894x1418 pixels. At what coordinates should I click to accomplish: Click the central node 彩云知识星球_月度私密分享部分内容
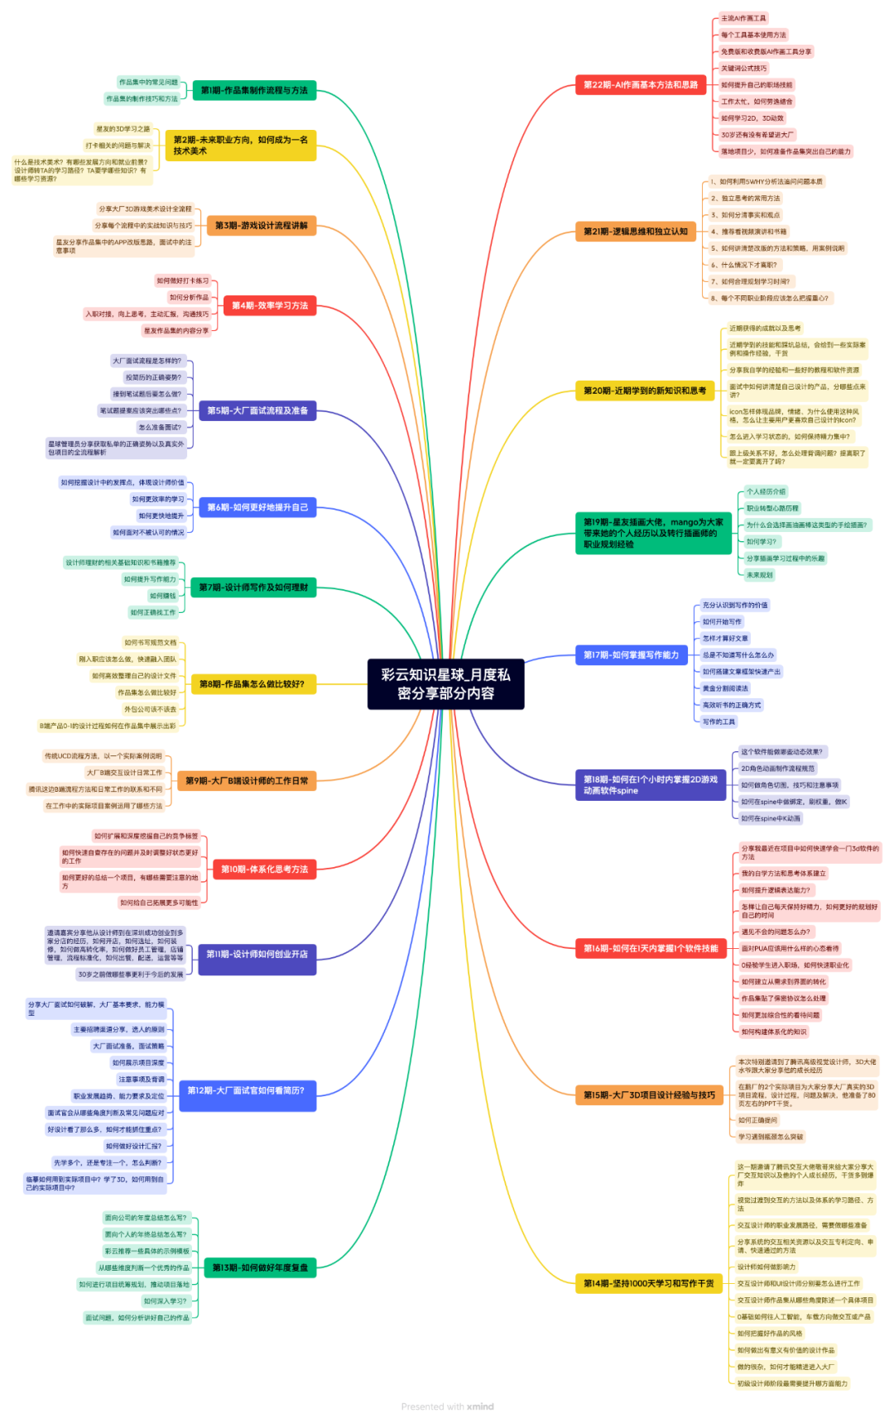pyautogui.click(x=445, y=684)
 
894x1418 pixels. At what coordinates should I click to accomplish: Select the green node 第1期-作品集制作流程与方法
pyautogui.click(x=253, y=90)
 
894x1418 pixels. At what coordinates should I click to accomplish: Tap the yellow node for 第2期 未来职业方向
pyautogui.click(x=240, y=146)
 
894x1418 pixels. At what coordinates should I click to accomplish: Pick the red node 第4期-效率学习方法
pyautogui.click(x=269, y=305)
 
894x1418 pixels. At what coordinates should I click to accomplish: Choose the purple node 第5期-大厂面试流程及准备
pyautogui.click(x=257, y=410)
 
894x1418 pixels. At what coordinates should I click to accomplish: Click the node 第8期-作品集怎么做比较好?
pyautogui.click(x=252, y=684)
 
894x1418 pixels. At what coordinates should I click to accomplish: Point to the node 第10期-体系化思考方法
pyautogui.click(x=264, y=869)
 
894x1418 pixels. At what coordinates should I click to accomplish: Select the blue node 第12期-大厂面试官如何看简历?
pyautogui.click(x=247, y=1091)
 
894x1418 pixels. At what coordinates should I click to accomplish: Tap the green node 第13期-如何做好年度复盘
pyautogui.click(x=260, y=1267)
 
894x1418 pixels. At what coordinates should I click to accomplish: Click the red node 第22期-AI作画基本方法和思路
pyautogui.click(x=640, y=84)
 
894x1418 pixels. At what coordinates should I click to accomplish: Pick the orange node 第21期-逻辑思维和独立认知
pyautogui.click(x=636, y=231)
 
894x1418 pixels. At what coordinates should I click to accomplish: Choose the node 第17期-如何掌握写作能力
pyautogui.click(x=632, y=655)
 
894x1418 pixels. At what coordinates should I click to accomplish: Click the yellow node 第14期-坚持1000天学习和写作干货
pyautogui.click(x=648, y=1283)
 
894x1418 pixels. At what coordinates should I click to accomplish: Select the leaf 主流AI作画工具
pyautogui.click(x=743, y=18)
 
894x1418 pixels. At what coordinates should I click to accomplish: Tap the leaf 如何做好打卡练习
pyautogui.click(x=183, y=280)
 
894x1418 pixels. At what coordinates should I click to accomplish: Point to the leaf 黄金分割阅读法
pyautogui.click(x=725, y=688)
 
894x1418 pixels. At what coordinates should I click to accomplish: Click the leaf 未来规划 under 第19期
pyautogui.click(x=759, y=575)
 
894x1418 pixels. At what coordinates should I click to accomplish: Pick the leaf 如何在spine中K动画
pyautogui.click(x=770, y=818)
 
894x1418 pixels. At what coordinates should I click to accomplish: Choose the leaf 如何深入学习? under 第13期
pyautogui.click(x=166, y=1301)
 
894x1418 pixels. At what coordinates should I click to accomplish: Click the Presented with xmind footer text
pyautogui.click(x=447, y=1406)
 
